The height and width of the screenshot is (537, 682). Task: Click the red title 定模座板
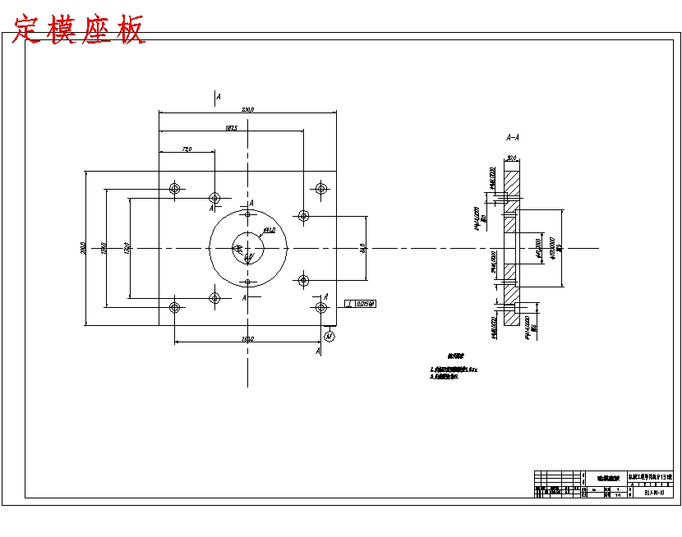[x=79, y=30]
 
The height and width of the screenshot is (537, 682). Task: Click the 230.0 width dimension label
[x=247, y=109]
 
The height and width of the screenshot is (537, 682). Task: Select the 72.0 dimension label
[x=187, y=149]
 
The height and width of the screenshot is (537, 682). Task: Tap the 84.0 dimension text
[x=362, y=247]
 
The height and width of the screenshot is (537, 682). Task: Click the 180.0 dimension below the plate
[x=247, y=338]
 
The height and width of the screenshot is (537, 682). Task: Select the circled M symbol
[x=329, y=335]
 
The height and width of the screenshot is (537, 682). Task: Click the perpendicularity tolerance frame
[x=361, y=304]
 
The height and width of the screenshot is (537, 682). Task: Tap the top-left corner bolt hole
[x=174, y=189]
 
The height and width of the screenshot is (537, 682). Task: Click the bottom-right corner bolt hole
[x=320, y=308]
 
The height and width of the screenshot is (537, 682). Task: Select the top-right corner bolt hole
[x=320, y=189]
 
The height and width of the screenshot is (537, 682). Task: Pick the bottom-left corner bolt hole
[x=174, y=308]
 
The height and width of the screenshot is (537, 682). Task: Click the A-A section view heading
[x=512, y=137]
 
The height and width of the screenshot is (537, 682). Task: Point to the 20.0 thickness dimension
[x=511, y=158]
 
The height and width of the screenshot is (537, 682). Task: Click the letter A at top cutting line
[x=218, y=97]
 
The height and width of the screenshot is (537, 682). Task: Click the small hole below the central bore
[x=247, y=282]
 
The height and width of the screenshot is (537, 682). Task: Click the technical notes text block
[x=453, y=369]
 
